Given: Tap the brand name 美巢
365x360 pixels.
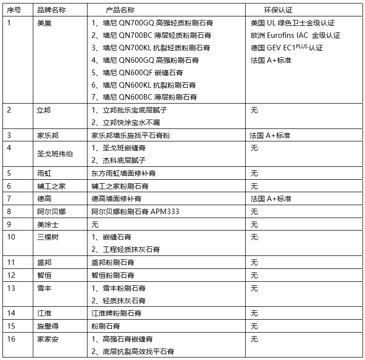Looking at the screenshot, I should pyautogui.click(x=44, y=22).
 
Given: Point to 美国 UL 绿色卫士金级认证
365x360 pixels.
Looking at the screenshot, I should pyautogui.click(x=293, y=23).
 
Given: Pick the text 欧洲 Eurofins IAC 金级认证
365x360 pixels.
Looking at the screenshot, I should pyautogui.click(x=296, y=35).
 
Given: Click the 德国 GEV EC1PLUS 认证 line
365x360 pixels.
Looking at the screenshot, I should pyautogui.click(x=287, y=48).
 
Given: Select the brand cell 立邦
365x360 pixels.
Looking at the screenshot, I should pyautogui.click(x=44, y=110).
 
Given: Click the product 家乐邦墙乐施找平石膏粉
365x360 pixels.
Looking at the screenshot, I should pyautogui.click(x=130, y=135).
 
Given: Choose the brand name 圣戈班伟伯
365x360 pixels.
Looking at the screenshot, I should pyautogui.click(x=55, y=154).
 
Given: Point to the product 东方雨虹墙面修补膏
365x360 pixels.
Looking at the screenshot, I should pyautogui.click(x=124, y=173).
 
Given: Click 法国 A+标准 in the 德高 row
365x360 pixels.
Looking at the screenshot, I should pyautogui.click(x=271, y=199).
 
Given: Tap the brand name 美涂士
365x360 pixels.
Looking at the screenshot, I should pyautogui.click(x=48, y=225).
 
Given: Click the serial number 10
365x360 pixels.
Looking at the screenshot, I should pyautogui.click(x=11, y=237).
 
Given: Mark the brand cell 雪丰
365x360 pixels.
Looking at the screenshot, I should pyautogui.click(x=44, y=288).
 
